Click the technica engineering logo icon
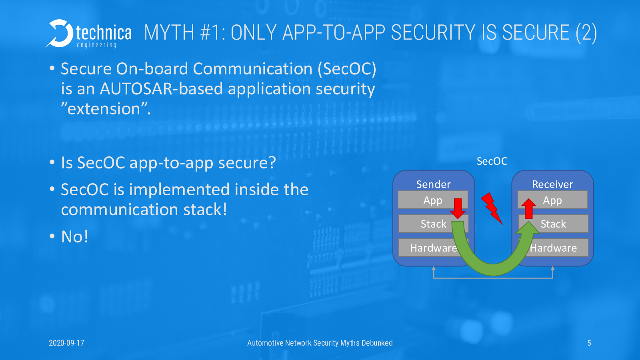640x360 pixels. click(59, 34)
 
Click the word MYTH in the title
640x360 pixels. click(169, 32)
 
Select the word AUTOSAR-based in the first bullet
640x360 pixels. click(161, 89)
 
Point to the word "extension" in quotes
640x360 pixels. click(104, 109)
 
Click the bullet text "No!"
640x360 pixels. click(74, 236)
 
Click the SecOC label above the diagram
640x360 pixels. click(492, 162)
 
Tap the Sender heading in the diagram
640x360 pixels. click(433, 184)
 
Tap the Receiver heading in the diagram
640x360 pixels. click(552, 184)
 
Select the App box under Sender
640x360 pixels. click(433, 200)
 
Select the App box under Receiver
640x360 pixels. click(552, 200)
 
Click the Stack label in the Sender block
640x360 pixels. click(433, 224)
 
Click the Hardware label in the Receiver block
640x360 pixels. click(553, 248)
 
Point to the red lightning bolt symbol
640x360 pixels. click(492, 208)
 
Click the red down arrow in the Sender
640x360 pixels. click(458, 208)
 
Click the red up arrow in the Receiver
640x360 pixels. click(528, 208)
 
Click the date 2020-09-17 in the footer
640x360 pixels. click(66, 343)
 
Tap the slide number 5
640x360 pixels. click(589, 343)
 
